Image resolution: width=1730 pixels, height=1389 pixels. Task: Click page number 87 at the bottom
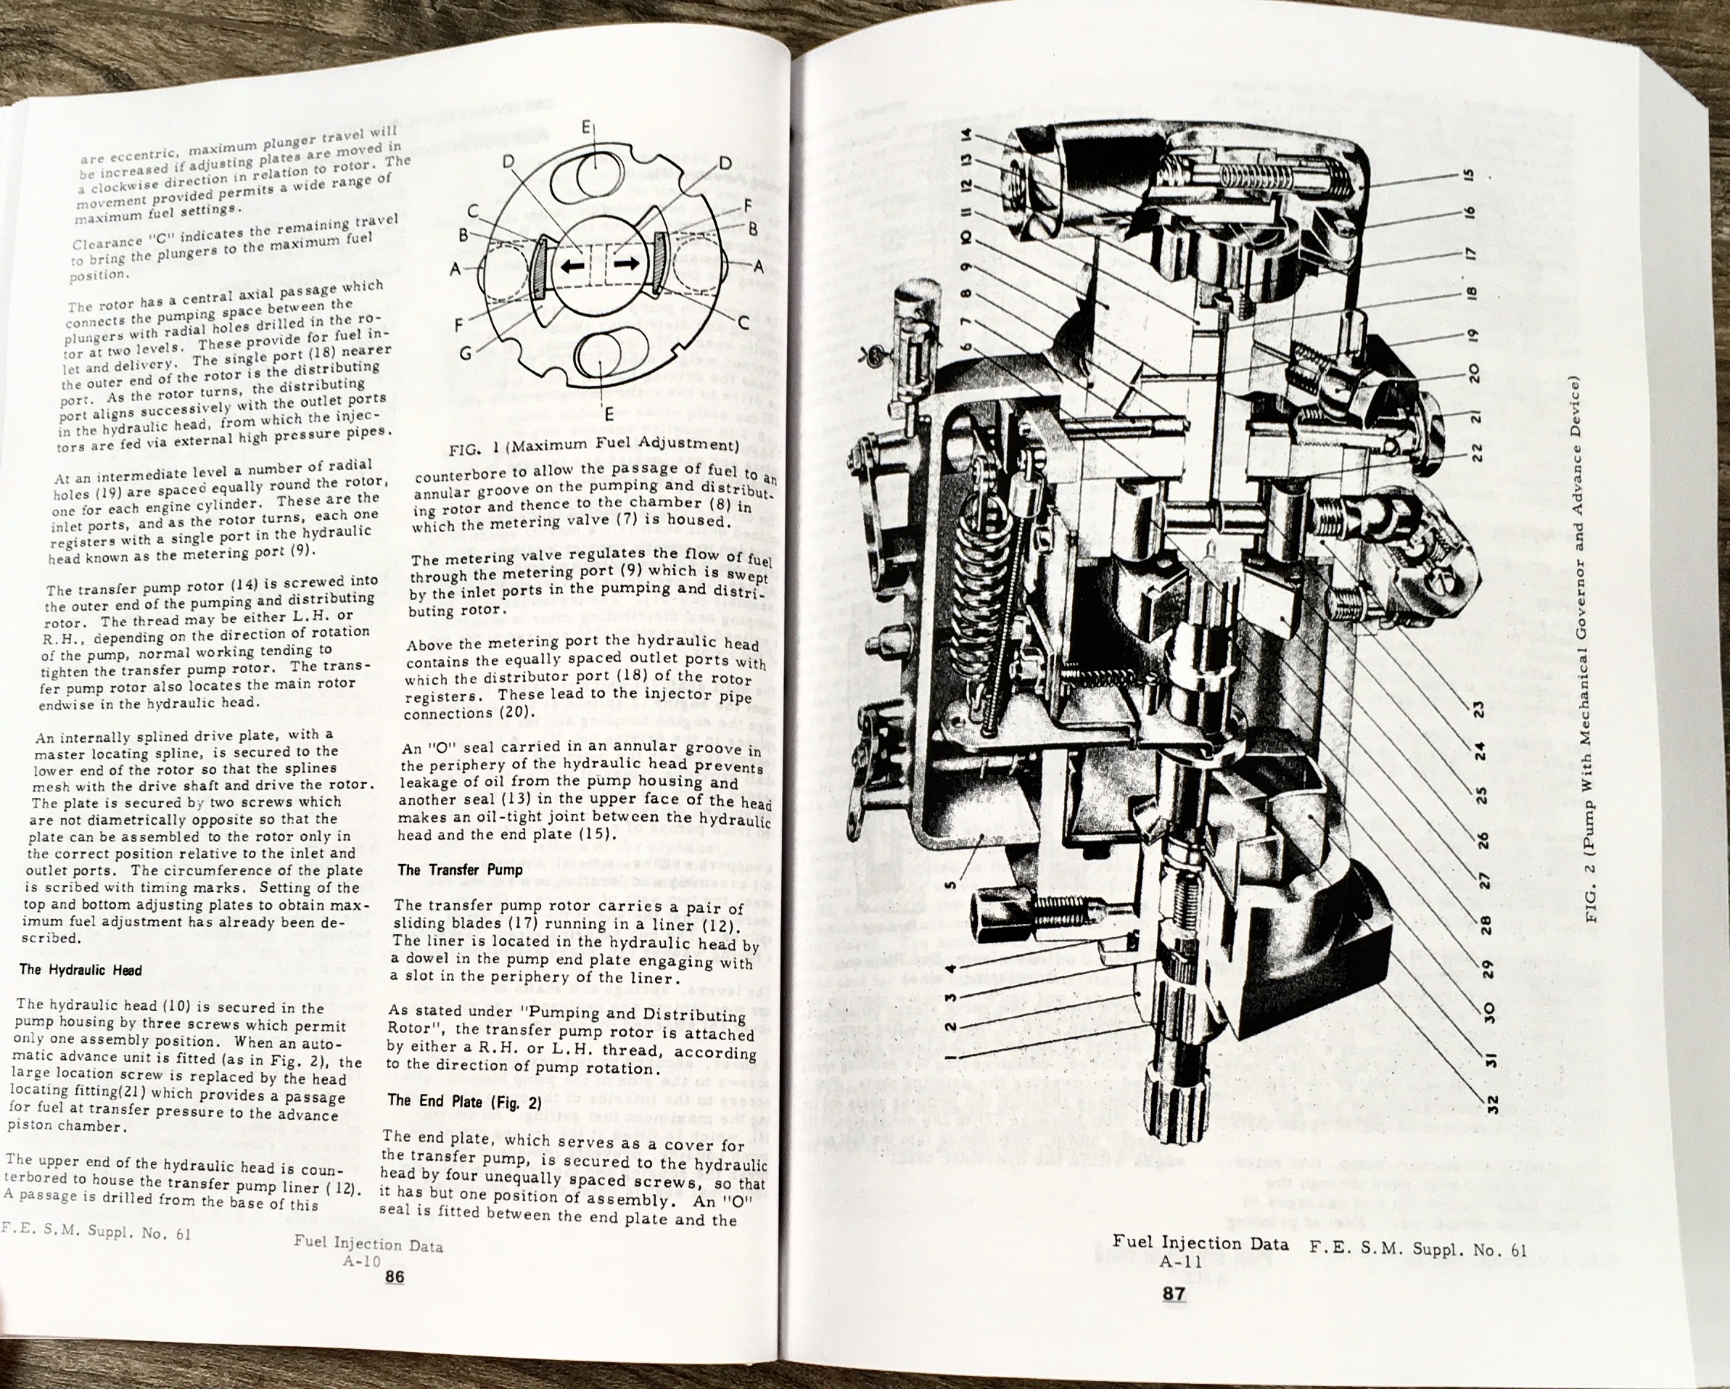(1173, 1293)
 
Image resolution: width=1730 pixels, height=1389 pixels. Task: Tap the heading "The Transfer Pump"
(460, 870)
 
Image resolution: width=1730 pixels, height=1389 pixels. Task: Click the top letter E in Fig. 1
(587, 128)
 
